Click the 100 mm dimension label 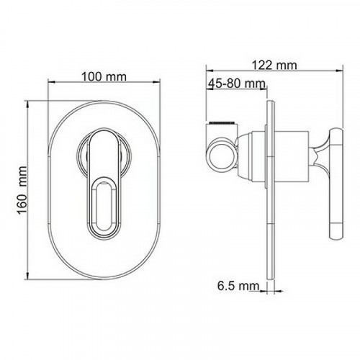[104, 77]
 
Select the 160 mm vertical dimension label [22, 189]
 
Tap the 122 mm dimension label [274, 65]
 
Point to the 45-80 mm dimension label [237, 84]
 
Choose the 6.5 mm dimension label [238, 286]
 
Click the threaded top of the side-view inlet [222, 123]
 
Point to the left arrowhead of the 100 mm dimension [51, 82]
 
